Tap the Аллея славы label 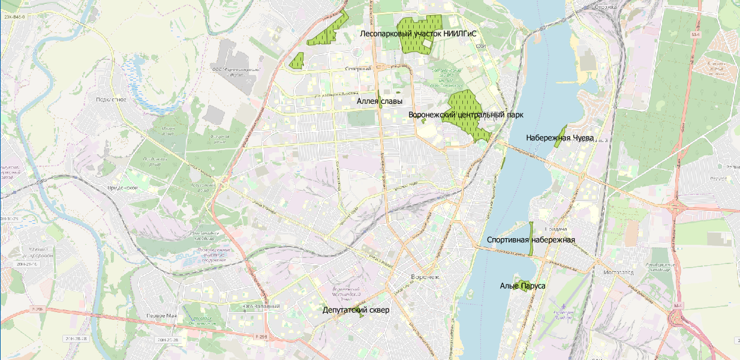click(x=380, y=101)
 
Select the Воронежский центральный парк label click(x=465, y=114)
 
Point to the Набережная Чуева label click(x=559, y=138)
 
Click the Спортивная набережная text click(x=531, y=240)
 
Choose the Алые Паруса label click(x=522, y=286)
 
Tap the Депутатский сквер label click(x=356, y=310)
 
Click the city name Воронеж click(x=425, y=277)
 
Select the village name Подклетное click(x=112, y=99)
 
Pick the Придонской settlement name click(x=124, y=188)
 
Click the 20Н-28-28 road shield click(x=76, y=339)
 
